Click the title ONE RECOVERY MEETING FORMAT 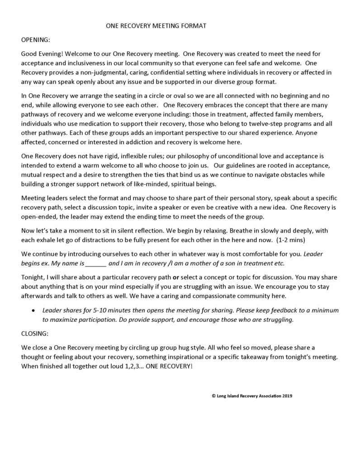click(x=156, y=26)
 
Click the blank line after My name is click(x=95, y=263)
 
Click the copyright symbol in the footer click(x=213, y=396)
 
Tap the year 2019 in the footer click(x=287, y=396)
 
